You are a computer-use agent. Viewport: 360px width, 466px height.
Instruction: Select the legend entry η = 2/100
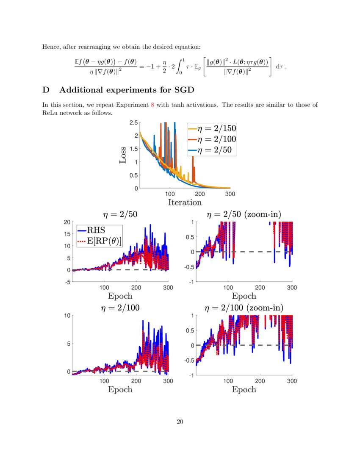click(212, 139)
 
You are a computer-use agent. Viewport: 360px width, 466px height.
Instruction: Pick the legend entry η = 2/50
click(212, 149)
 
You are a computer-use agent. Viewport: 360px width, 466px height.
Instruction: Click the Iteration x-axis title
click(185, 202)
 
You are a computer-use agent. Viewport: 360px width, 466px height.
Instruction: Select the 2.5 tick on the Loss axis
click(133, 123)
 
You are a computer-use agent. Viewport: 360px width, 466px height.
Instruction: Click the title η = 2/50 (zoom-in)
click(244, 215)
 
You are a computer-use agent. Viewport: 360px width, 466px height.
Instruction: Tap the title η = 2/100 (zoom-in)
click(244, 308)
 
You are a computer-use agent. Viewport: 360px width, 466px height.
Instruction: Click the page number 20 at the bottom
click(180, 422)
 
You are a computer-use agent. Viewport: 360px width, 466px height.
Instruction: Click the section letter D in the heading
click(46, 90)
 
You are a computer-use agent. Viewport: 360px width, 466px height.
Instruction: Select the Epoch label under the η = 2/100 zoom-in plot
click(244, 389)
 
